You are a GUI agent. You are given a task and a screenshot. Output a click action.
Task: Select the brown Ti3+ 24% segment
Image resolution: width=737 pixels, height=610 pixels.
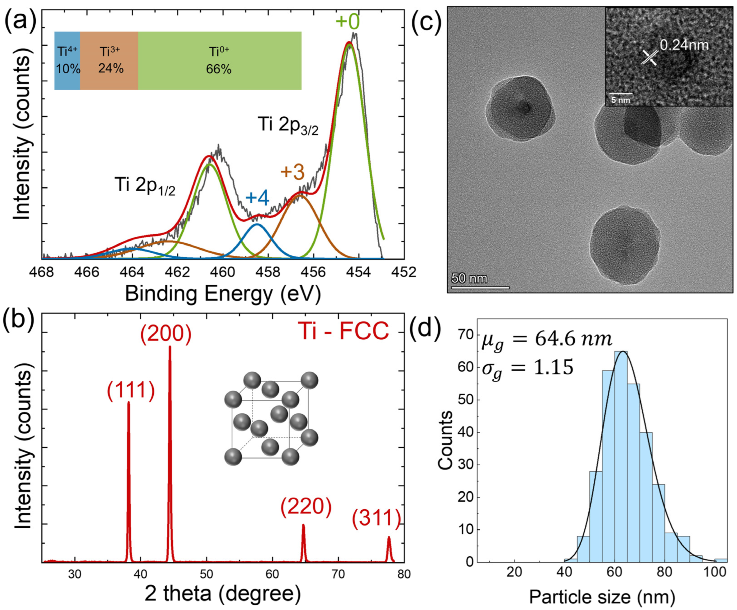pos(109,61)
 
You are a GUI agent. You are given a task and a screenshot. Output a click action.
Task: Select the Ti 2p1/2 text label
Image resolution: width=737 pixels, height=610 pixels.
pos(145,185)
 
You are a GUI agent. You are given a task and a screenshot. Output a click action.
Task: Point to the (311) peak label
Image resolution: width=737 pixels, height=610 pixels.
pos(376,519)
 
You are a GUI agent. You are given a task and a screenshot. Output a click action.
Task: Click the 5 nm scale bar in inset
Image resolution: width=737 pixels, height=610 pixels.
pos(620,94)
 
